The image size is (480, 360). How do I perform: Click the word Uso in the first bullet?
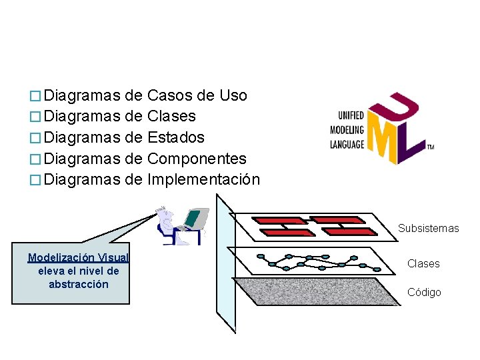[234, 95]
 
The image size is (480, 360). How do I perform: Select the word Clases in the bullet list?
[171, 117]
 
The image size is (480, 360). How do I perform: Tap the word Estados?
[176, 138]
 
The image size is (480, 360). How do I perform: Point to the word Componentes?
[197, 159]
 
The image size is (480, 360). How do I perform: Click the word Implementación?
[203, 180]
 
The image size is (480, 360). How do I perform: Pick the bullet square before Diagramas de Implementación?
[38, 181]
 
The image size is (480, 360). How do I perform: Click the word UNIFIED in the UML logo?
[351, 115]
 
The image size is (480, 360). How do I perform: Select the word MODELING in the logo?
[347, 129]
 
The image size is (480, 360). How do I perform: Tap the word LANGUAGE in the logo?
[347, 143]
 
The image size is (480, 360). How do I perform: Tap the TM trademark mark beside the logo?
[430, 147]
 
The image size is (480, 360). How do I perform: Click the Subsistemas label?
[428, 229]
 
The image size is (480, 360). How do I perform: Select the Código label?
[424, 293]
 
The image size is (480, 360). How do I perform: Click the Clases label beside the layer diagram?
[423, 264]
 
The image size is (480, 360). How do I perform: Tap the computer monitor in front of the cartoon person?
[195, 218]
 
